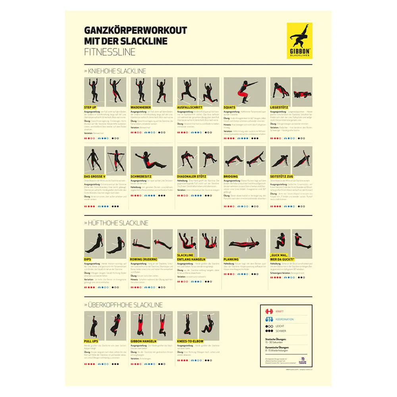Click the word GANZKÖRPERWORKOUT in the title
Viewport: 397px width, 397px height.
(x=135, y=31)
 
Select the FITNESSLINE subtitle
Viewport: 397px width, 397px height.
(x=110, y=52)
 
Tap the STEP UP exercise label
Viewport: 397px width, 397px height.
(x=90, y=107)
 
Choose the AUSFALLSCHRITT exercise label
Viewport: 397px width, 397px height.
(x=190, y=107)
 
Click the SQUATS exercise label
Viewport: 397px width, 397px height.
(x=229, y=107)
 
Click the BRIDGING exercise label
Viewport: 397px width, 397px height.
(x=231, y=176)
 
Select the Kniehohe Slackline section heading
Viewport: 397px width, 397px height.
(x=115, y=71)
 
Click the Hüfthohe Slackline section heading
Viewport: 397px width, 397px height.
(x=116, y=223)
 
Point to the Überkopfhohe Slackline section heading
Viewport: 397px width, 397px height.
(x=123, y=305)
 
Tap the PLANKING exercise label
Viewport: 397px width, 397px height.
(x=231, y=259)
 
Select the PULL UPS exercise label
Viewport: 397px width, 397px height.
(x=91, y=341)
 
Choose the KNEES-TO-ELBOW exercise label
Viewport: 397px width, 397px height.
(x=192, y=341)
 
